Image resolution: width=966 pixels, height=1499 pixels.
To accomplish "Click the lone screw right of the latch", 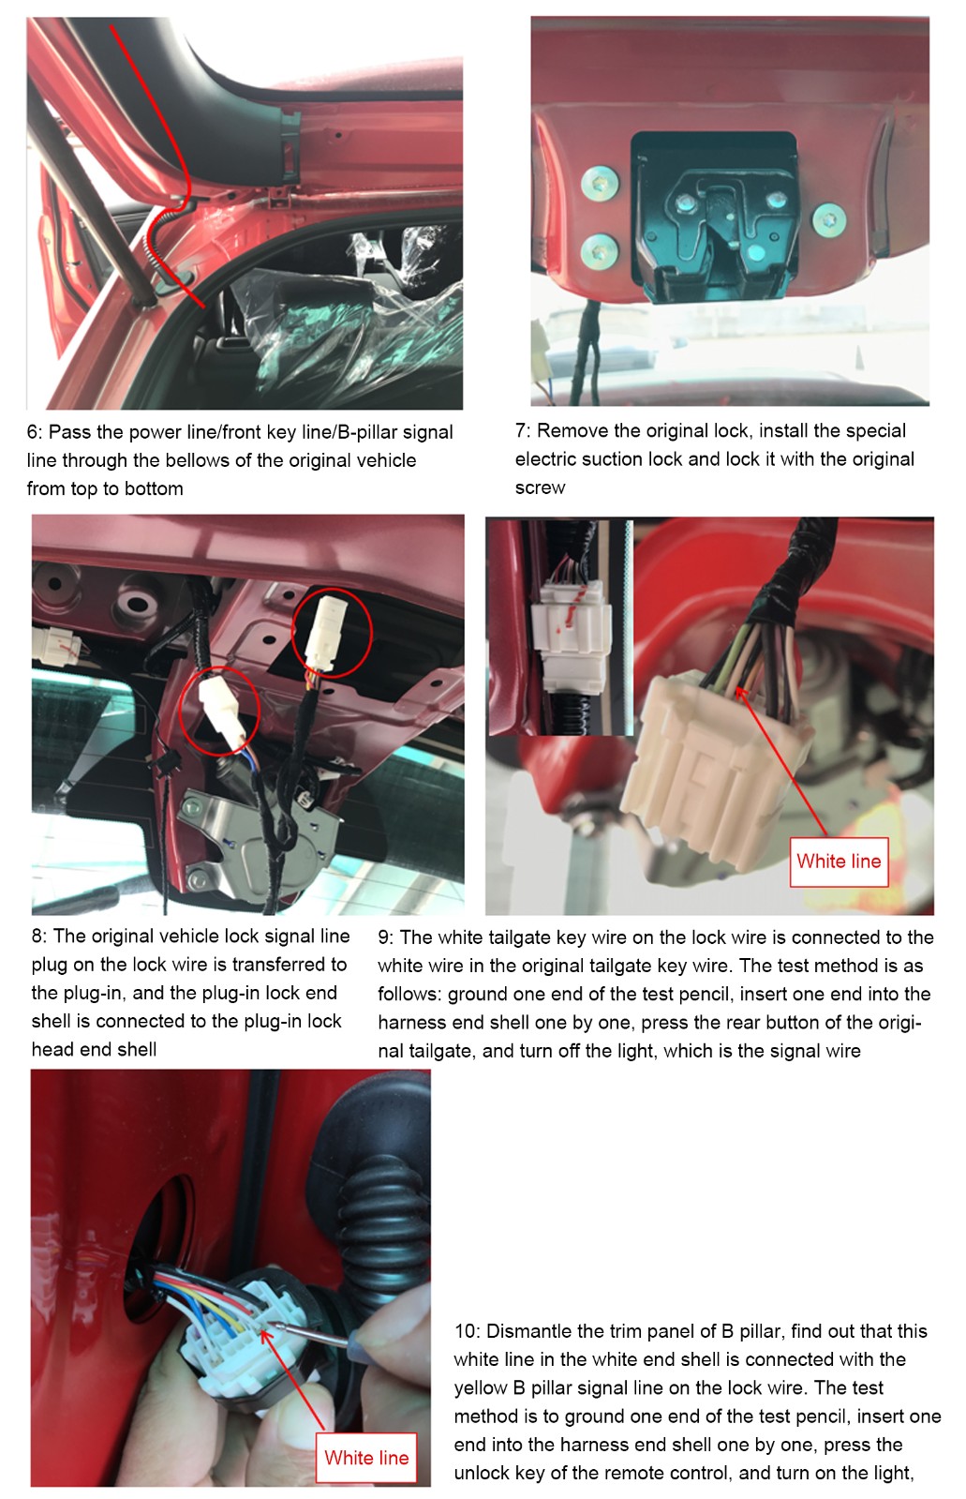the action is point(829,219).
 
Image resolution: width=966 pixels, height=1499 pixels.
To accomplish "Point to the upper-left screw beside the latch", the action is point(599,183).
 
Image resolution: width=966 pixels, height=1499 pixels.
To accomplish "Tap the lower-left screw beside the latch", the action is point(599,252).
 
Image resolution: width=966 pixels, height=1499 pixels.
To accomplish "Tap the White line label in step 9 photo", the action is point(839,862).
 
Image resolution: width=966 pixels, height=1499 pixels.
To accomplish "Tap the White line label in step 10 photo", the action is point(366,1458).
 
